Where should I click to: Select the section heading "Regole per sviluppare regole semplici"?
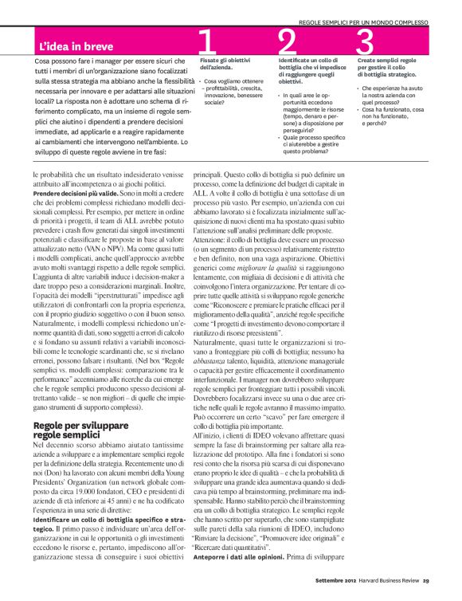[x=72, y=430]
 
